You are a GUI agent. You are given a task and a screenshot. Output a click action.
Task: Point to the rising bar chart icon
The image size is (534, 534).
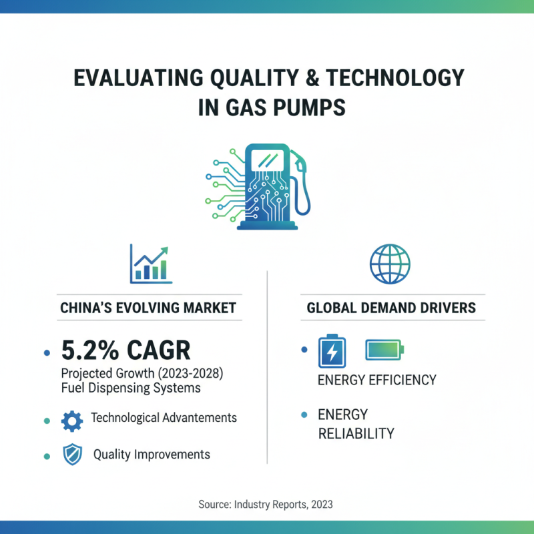pos(150,262)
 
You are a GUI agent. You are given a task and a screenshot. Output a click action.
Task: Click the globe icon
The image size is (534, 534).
pos(390,262)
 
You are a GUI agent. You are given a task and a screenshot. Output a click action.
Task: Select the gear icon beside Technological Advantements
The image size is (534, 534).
pos(71,420)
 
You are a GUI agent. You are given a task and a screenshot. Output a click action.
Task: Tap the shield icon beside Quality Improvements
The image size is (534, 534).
pos(71,455)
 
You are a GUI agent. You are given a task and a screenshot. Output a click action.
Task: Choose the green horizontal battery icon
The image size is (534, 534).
pos(384,349)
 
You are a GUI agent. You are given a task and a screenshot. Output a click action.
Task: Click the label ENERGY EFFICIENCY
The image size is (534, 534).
pos(376,380)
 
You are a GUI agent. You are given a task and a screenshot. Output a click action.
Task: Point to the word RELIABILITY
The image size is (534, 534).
pos(356,434)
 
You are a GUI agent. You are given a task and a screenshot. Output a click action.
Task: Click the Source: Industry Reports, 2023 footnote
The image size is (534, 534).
pos(266,505)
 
